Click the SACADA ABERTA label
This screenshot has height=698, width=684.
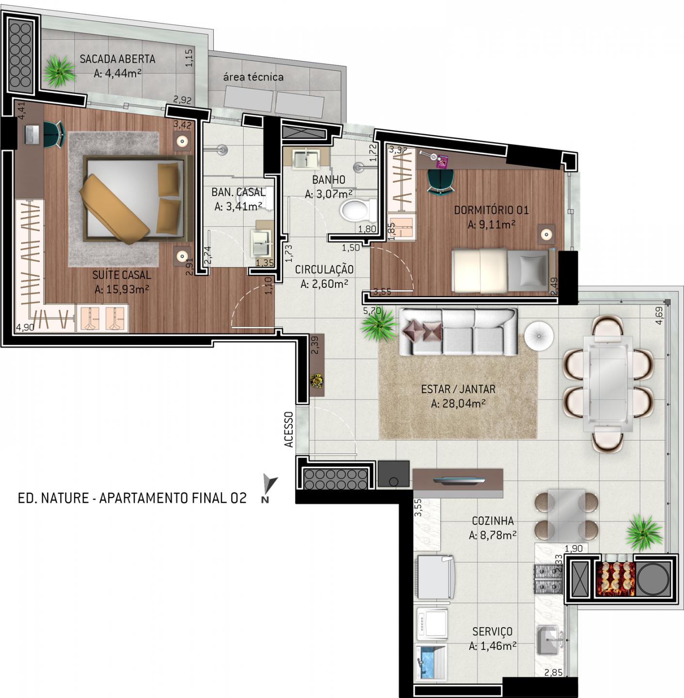click(x=117, y=59)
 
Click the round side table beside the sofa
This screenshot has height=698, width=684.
click(x=539, y=336)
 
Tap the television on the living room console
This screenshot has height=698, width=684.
click(x=459, y=480)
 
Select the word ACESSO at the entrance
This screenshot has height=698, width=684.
click(x=289, y=429)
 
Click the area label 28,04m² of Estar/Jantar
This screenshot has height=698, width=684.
click(x=458, y=403)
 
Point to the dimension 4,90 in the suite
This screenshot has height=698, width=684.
click(x=25, y=328)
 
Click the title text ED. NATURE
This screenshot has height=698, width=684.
click(x=53, y=498)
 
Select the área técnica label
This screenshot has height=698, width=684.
click(x=253, y=77)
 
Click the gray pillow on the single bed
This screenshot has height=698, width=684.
click(x=533, y=270)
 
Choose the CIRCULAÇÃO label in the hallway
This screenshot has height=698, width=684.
click(x=324, y=270)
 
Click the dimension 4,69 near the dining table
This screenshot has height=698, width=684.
click(x=659, y=316)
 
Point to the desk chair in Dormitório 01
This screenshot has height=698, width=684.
click(x=440, y=181)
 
